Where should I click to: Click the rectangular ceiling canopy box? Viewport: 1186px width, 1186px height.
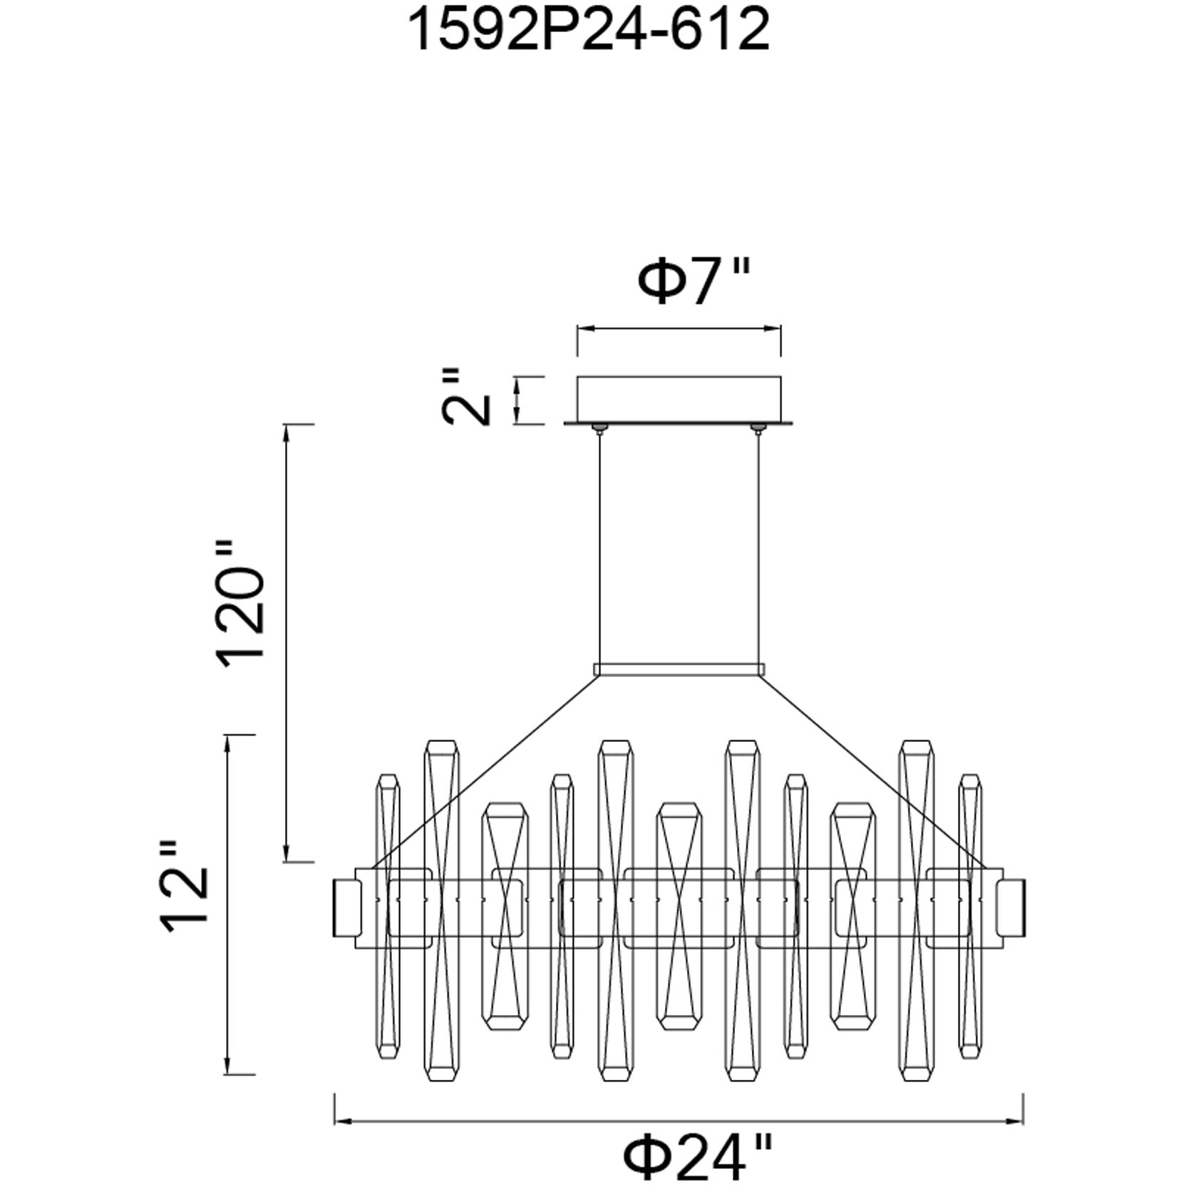pyautogui.click(x=679, y=400)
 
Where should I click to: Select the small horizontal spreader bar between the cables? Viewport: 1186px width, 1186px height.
pyautogui.click(x=679, y=669)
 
